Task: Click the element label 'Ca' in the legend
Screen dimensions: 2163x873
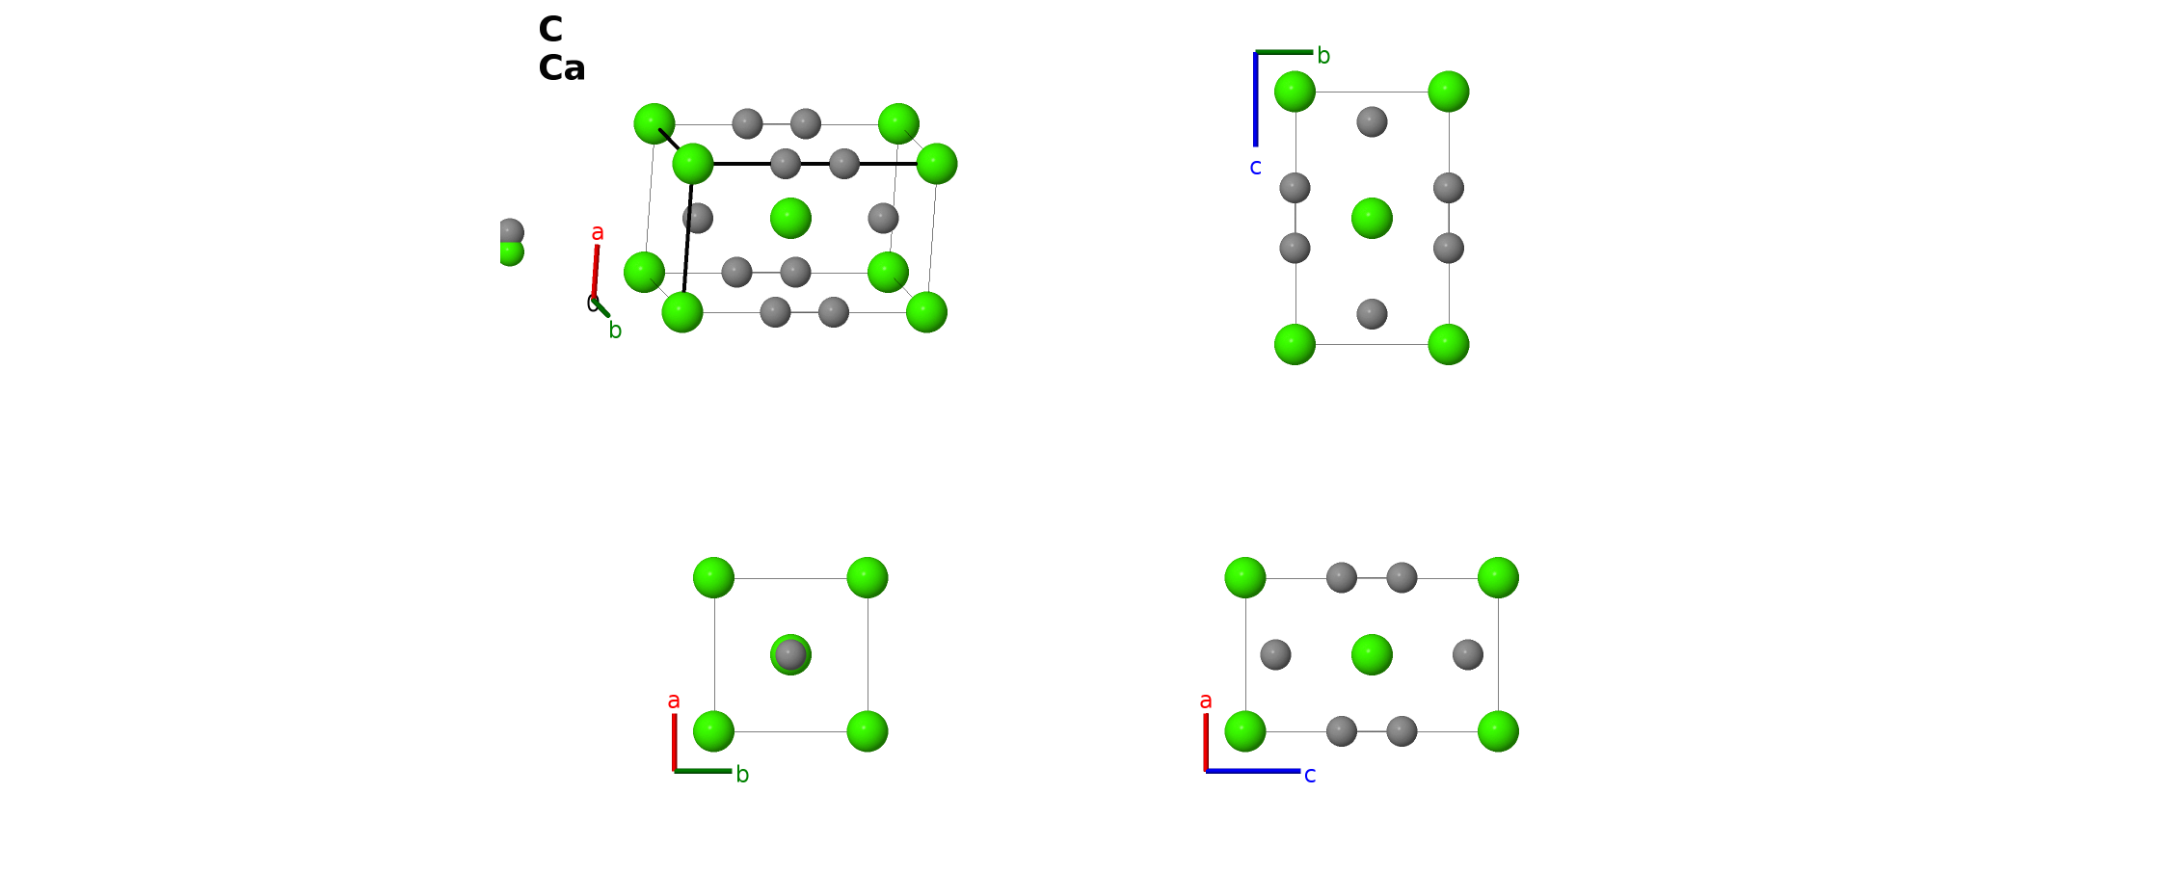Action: [x=562, y=68]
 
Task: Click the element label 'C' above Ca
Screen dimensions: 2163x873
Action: [x=550, y=30]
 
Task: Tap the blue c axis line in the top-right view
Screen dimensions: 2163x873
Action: [x=1255, y=99]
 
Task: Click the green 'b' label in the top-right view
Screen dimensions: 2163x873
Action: [x=1323, y=56]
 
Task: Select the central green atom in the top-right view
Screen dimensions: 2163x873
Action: [x=1372, y=218]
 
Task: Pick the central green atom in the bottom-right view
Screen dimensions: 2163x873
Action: [x=1372, y=655]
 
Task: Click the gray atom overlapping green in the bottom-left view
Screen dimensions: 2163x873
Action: [x=790, y=655]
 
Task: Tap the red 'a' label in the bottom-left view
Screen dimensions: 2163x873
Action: [x=674, y=701]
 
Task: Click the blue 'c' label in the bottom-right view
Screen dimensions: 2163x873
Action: [x=1310, y=776]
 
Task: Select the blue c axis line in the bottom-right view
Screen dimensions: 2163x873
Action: [x=1253, y=771]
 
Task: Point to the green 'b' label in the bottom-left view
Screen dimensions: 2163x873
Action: [x=742, y=775]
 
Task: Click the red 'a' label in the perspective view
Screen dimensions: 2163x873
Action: [x=598, y=232]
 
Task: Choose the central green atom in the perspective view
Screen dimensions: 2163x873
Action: [x=790, y=218]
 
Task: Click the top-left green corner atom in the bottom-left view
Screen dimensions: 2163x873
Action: [x=713, y=577]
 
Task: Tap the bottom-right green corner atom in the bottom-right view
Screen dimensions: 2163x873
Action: [x=1498, y=731]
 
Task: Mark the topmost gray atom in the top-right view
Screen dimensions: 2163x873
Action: [x=1372, y=122]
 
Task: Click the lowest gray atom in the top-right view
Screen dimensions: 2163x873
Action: [x=1372, y=314]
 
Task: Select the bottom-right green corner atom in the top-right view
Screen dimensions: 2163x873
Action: [x=1448, y=344]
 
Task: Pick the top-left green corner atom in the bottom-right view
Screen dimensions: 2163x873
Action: [x=1245, y=577]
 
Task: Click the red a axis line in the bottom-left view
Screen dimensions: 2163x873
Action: [x=674, y=742]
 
